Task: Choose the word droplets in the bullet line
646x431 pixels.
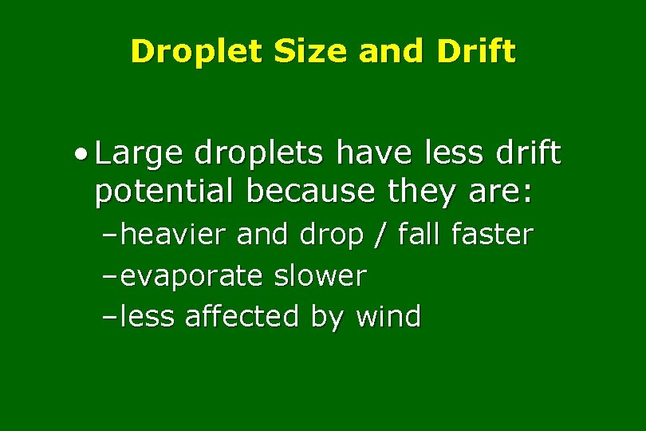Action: point(247,154)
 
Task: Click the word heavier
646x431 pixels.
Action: point(177,235)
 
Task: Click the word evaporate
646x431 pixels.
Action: point(191,276)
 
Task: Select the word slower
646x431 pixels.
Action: point(320,276)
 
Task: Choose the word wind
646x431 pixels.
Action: point(388,317)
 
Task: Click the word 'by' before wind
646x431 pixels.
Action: point(327,317)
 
